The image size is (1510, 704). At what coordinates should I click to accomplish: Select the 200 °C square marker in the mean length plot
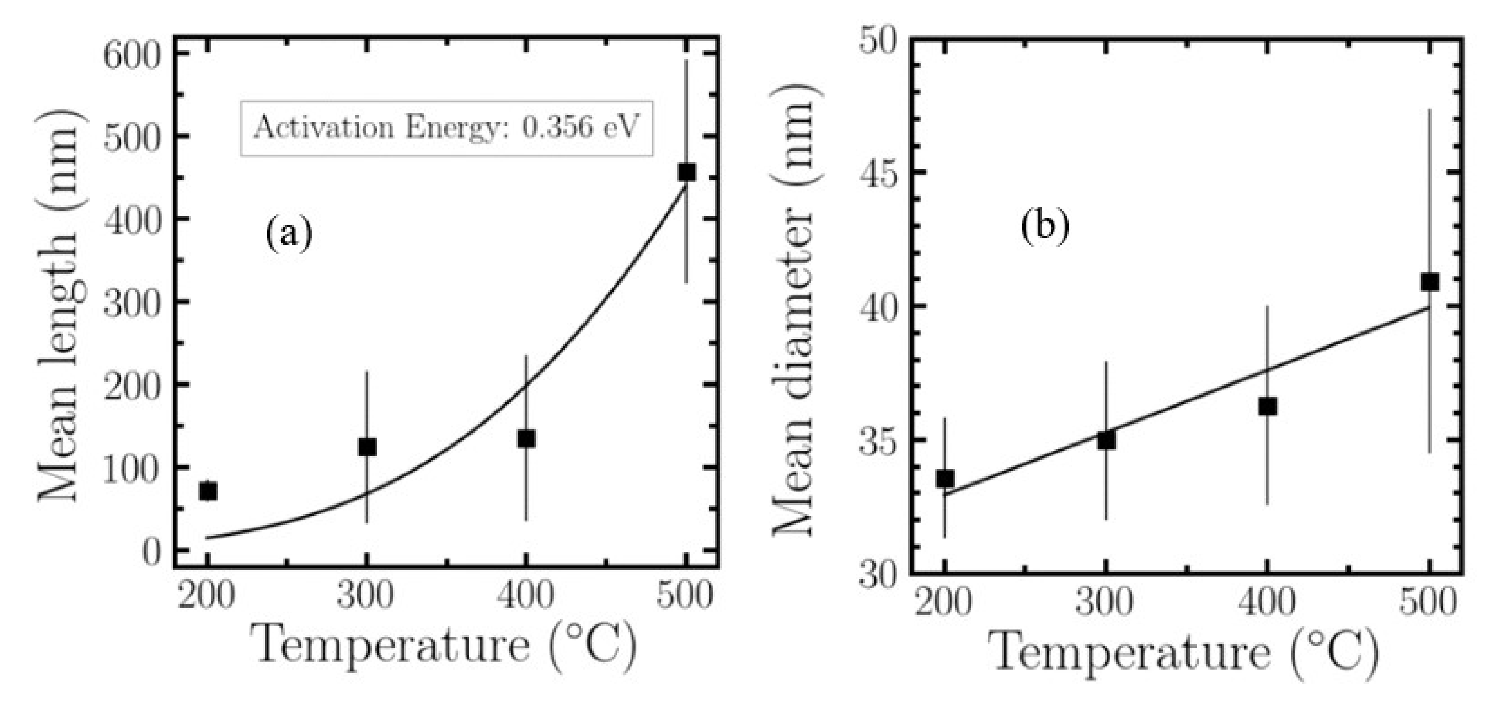[208, 491]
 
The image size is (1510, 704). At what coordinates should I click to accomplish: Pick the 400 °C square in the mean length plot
[526, 438]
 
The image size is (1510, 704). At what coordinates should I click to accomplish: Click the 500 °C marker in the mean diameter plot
[1430, 282]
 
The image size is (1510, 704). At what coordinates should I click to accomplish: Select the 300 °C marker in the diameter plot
[1106, 440]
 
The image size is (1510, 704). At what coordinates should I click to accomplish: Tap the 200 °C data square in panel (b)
[945, 478]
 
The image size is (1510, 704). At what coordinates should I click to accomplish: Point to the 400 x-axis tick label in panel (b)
[1266, 602]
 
